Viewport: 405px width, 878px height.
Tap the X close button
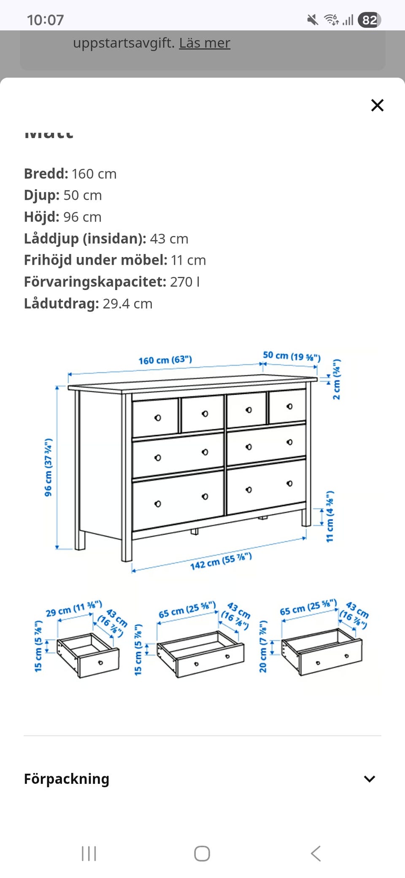[x=377, y=105]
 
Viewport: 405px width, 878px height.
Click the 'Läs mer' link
[x=205, y=43]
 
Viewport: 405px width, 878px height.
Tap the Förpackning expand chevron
[x=370, y=779]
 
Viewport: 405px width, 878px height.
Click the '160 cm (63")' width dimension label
[x=165, y=360]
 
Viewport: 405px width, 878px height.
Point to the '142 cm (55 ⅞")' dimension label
[x=221, y=561]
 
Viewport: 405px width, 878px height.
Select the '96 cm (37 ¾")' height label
[x=49, y=467]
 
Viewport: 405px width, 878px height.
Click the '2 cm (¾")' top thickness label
[x=336, y=379]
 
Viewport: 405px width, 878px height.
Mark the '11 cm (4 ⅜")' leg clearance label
[x=330, y=516]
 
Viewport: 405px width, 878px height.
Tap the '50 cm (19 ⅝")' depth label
[x=292, y=356]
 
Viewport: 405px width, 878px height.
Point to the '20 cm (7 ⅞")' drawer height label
[x=263, y=646]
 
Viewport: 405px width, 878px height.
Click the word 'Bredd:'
[x=46, y=173]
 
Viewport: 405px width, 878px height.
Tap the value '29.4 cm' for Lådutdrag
[x=127, y=304]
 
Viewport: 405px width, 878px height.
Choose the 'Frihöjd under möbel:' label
[x=96, y=260]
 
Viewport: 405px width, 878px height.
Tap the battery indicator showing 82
[x=369, y=20]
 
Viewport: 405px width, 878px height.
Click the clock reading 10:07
[x=45, y=20]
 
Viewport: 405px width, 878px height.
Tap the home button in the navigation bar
[x=202, y=854]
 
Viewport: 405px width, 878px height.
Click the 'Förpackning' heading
[x=67, y=779]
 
